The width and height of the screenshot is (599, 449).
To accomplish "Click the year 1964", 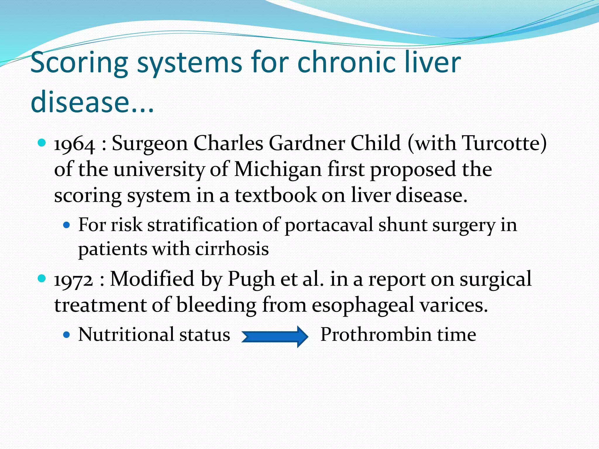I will tap(75, 144).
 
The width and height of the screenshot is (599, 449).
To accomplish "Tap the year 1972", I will tap(73, 280).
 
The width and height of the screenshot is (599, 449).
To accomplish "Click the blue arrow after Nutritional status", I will tap(275, 336).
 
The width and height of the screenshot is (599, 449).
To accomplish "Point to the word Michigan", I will tap(278, 170).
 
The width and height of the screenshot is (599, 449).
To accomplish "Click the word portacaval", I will tap(328, 225).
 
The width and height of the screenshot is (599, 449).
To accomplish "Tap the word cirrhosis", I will tap(232, 249).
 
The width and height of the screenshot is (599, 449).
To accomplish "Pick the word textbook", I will tap(276, 195).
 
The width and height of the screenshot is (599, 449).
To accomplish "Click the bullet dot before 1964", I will tap(42, 143).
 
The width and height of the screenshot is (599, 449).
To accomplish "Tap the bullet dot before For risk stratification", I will tap(67, 225).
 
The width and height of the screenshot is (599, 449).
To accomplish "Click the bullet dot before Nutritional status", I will tap(67, 335).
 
